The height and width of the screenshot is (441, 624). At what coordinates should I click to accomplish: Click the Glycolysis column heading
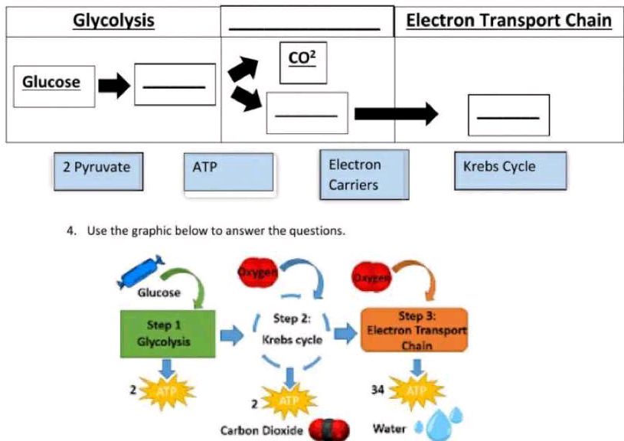pos(113,21)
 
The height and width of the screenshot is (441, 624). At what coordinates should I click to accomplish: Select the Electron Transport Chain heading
pos(508,21)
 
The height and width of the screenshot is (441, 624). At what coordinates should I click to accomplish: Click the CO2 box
pos(303,61)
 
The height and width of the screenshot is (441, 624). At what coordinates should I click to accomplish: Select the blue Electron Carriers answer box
pos(364,175)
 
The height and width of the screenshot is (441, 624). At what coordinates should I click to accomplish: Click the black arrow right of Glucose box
pos(114,86)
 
